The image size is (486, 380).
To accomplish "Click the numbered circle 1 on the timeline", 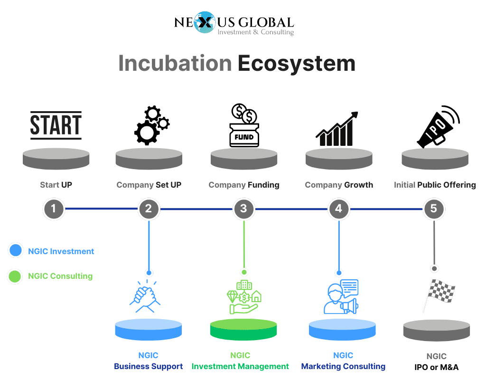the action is [x=54, y=209].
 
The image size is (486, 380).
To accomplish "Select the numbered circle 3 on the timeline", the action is [x=243, y=209].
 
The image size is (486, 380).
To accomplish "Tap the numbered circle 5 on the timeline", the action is [x=434, y=209].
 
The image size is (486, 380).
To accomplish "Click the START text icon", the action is [x=56, y=125].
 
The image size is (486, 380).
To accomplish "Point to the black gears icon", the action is [x=151, y=125].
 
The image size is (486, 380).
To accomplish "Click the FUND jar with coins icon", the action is [x=244, y=125].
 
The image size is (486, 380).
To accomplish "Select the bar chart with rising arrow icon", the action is [x=337, y=128].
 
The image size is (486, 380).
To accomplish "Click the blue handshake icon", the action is [x=145, y=296].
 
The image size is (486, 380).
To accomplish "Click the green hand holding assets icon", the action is [x=244, y=297].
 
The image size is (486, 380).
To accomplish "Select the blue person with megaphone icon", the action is [x=341, y=296].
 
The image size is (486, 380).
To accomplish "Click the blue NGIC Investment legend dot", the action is [x=16, y=250].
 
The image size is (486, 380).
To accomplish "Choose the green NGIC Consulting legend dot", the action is [x=15, y=276].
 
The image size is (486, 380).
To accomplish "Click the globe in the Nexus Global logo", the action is [x=205, y=22].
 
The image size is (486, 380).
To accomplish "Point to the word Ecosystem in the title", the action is [x=296, y=63].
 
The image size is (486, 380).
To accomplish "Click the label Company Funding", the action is [x=244, y=185].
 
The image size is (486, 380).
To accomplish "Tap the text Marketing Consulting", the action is [x=343, y=366].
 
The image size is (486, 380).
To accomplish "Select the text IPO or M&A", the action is [x=437, y=367].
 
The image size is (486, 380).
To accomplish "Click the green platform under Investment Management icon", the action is [x=243, y=330].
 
